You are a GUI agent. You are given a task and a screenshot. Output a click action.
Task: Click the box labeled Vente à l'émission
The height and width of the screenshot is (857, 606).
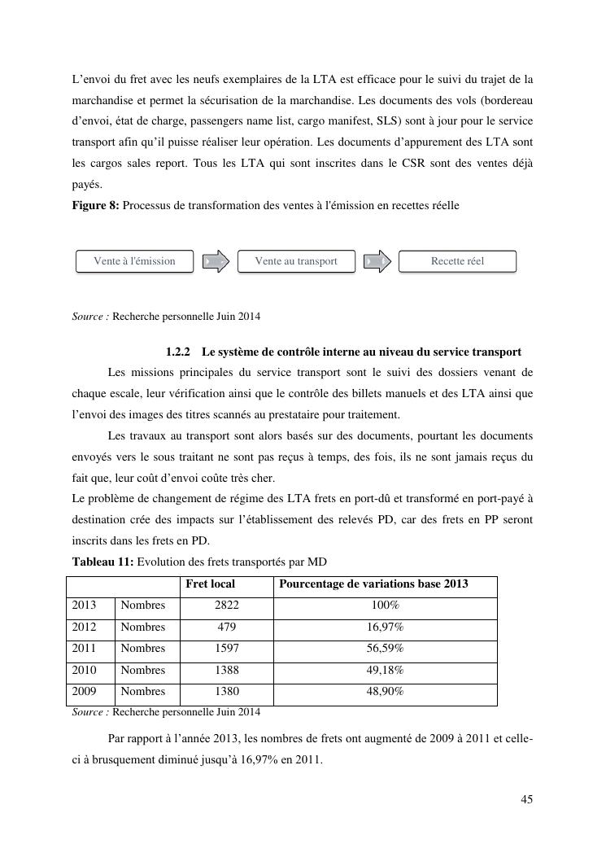[x=135, y=261]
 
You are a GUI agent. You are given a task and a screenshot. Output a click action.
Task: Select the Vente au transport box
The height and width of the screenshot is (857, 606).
[x=296, y=261]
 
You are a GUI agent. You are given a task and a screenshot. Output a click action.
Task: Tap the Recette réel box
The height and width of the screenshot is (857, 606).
[x=457, y=261]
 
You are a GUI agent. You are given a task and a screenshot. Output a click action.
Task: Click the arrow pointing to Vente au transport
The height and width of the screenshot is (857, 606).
[x=216, y=261]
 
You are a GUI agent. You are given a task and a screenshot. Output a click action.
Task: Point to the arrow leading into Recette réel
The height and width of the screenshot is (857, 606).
[x=377, y=261]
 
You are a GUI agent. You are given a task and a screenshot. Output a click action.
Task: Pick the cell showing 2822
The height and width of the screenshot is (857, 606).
[x=226, y=606]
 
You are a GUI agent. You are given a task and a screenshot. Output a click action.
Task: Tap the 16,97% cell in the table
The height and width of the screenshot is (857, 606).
[x=385, y=627]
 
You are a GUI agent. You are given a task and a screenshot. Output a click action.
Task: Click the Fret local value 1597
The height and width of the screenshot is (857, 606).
[x=226, y=649]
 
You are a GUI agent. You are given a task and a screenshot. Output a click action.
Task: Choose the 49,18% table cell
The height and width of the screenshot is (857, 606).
[x=385, y=671]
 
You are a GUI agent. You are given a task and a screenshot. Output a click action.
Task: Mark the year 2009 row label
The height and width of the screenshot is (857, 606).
[x=85, y=692]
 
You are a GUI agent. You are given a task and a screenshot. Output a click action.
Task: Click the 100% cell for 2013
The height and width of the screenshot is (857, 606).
[x=385, y=606]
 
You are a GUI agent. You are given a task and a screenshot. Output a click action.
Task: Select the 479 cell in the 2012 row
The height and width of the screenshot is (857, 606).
[x=226, y=627]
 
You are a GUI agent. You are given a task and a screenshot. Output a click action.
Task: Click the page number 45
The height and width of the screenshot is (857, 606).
[x=527, y=799]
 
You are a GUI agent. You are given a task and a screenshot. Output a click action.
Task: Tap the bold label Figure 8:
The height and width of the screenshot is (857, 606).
[x=96, y=206]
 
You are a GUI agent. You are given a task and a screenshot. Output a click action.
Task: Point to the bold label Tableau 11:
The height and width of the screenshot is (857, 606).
[x=102, y=562]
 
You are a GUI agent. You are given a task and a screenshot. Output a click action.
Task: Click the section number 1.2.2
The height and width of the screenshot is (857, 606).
[x=177, y=352]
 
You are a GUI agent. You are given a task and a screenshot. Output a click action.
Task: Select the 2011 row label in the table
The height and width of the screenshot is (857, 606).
[x=85, y=649]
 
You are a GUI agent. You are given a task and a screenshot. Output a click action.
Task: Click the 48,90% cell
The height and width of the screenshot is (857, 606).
[x=385, y=692]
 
